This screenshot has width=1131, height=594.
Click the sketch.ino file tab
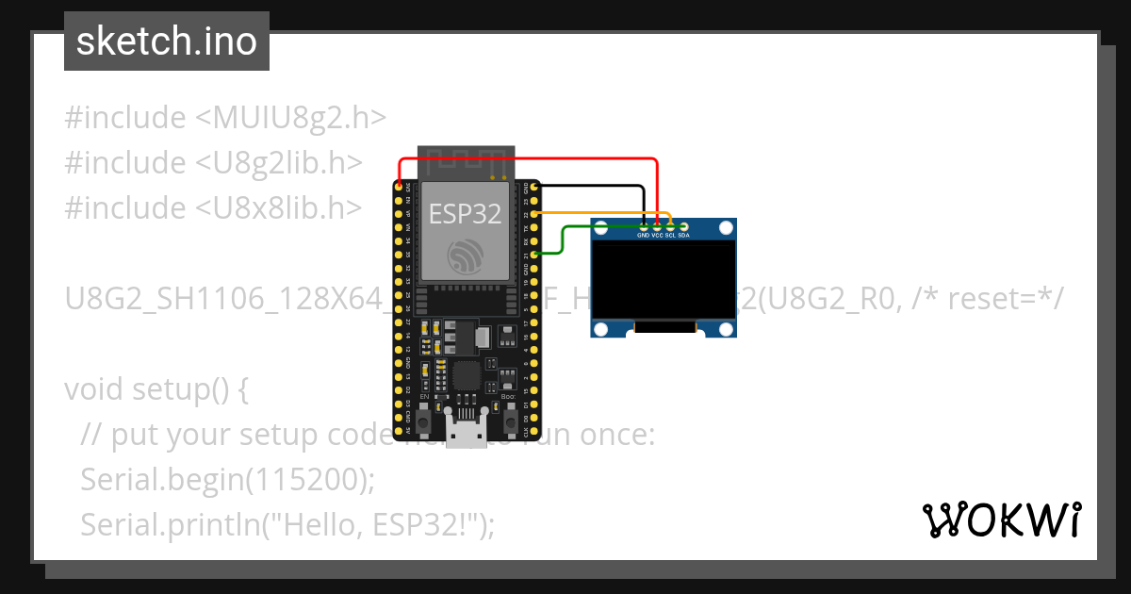tap(166, 41)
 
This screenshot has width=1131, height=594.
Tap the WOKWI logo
tap(1001, 520)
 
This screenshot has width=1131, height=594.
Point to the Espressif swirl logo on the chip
tap(466, 257)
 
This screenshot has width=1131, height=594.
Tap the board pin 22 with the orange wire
tap(534, 214)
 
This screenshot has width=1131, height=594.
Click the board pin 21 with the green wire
tap(534, 254)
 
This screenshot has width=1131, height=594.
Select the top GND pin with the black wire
tap(534, 188)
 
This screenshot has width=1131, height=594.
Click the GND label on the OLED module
tap(643, 236)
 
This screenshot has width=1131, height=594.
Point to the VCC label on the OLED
tap(657, 236)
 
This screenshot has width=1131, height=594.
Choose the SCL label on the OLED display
tap(670, 236)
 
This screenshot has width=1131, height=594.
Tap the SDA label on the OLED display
tap(683, 236)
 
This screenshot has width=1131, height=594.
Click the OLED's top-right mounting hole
tap(725, 228)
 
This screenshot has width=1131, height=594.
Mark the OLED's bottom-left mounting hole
tap(601, 328)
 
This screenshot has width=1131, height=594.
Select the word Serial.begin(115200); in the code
tap(227, 479)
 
